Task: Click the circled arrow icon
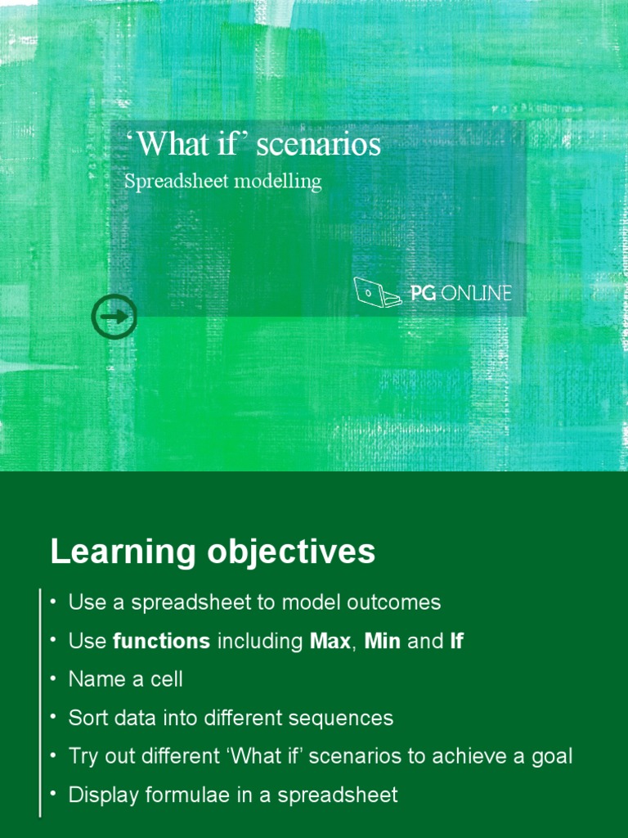point(114,317)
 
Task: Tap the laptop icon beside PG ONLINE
point(376,292)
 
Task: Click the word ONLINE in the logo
point(476,293)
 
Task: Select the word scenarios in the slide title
point(319,145)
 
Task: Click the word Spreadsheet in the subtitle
point(176,182)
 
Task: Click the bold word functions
point(162,642)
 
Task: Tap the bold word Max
point(330,642)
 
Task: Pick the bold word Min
point(382,642)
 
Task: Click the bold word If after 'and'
point(456,642)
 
